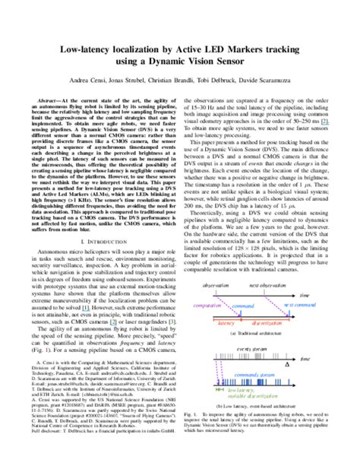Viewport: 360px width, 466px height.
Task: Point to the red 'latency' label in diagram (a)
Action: [227, 322]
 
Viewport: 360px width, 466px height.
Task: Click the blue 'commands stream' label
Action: [262, 375]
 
